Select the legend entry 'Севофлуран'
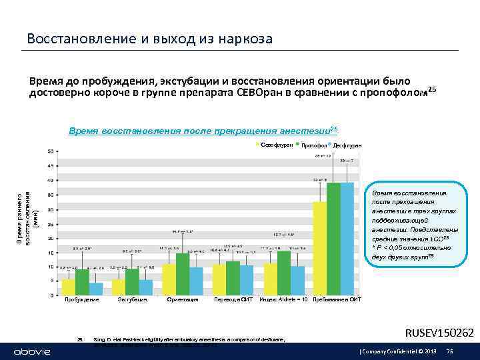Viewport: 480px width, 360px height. (x=273, y=145)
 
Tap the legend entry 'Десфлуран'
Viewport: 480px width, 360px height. (x=347, y=145)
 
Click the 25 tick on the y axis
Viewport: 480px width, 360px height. (x=51, y=223)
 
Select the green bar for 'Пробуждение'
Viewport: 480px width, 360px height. (x=83, y=281)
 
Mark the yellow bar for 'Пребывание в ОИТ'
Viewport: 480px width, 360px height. (x=321, y=247)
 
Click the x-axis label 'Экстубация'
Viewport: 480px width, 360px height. (x=133, y=300)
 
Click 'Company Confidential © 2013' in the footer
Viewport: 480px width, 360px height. (x=391, y=351)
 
